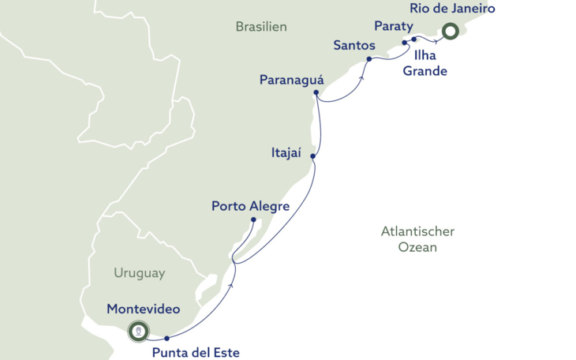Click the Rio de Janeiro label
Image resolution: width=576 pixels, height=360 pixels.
(x=452, y=9)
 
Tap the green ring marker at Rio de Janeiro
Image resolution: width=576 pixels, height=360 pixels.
(x=450, y=32)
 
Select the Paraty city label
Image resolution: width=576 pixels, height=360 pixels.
(x=394, y=26)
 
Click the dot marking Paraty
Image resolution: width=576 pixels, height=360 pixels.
(x=405, y=43)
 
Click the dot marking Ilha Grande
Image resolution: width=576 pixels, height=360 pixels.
(x=414, y=39)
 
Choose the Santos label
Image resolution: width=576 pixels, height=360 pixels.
(x=354, y=45)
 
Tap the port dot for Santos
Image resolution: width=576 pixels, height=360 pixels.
(x=368, y=58)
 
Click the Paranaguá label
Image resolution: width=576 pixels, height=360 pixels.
(x=292, y=80)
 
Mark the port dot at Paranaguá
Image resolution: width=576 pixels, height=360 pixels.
(x=316, y=93)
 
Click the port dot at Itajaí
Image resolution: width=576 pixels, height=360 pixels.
(x=313, y=156)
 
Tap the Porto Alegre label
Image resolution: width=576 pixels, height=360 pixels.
(x=250, y=206)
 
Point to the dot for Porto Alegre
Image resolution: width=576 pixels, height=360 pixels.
(x=253, y=219)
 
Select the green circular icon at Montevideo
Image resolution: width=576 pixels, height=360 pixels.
(x=138, y=331)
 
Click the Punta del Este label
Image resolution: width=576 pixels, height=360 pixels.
(x=196, y=352)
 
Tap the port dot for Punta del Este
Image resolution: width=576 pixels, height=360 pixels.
(x=167, y=338)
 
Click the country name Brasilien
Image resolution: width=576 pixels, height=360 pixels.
(x=261, y=27)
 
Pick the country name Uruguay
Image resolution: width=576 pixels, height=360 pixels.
(x=139, y=273)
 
